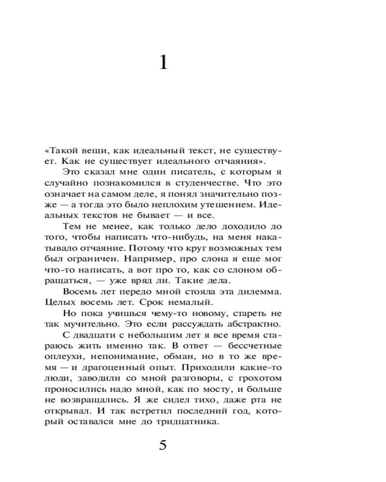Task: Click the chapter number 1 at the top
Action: (164, 62)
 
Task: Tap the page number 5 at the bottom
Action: (163, 444)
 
